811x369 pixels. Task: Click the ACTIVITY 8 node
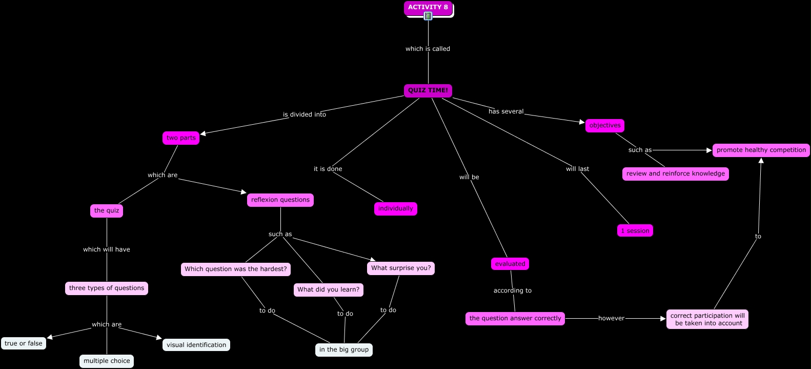pos(428,7)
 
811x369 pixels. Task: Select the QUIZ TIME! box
pos(428,90)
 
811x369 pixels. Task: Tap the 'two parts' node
pos(181,138)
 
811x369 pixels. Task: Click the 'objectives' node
pos(605,125)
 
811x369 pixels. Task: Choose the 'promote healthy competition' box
pos(761,150)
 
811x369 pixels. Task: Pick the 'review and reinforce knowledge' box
pos(676,173)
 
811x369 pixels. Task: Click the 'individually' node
pos(396,208)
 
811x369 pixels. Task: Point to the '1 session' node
pos(635,230)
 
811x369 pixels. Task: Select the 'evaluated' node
pos(510,264)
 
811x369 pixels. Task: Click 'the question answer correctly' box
pos(515,318)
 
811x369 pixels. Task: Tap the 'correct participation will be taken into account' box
pos(707,319)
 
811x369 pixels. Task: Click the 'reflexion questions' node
pos(280,200)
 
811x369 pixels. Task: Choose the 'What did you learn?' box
pos(329,289)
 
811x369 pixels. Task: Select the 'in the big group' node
pos(344,349)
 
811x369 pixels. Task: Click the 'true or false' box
pos(24,343)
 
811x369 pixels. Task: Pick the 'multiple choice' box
pos(107,361)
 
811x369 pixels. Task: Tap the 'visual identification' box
pos(196,345)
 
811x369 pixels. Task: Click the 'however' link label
pos(612,318)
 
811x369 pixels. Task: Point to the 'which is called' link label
pos(428,49)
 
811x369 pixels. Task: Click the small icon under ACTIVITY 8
pos(428,16)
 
